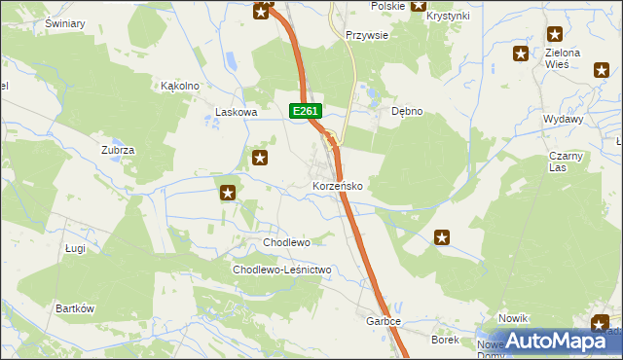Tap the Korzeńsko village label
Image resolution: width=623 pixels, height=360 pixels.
tap(338, 186)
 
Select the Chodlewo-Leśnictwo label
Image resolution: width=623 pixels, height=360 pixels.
tap(282, 270)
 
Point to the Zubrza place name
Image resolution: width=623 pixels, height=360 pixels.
tap(118, 151)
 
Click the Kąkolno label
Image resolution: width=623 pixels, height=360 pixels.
tap(180, 86)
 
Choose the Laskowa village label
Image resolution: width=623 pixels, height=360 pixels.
tap(236, 113)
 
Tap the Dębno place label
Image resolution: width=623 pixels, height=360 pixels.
tap(407, 112)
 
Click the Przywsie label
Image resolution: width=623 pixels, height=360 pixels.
tap(368, 35)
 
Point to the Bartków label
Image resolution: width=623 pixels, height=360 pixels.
tap(75, 308)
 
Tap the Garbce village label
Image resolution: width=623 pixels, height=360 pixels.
tap(384, 321)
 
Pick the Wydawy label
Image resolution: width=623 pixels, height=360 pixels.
tap(564, 119)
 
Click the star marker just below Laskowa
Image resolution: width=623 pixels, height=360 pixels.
tap(260, 158)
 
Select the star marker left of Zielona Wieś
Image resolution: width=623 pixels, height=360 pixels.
tap(521, 54)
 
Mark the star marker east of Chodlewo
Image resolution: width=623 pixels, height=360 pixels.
tap(442, 236)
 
